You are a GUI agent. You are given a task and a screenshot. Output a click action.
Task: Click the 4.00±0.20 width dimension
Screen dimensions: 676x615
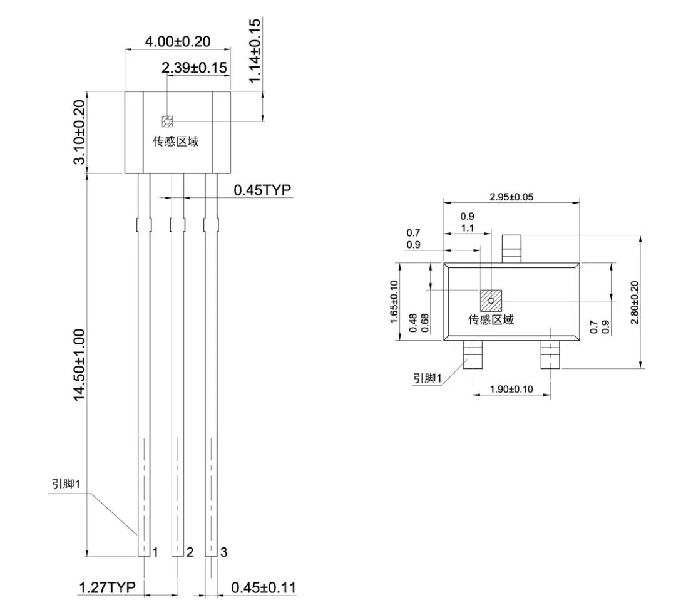[x=178, y=42]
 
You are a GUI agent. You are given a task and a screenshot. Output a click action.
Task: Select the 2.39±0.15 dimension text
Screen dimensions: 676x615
[x=194, y=68]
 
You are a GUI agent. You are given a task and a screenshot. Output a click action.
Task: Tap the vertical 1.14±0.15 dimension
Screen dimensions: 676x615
[x=255, y=50]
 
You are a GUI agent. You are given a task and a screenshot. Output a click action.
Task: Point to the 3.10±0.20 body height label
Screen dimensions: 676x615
[x=79, y=132]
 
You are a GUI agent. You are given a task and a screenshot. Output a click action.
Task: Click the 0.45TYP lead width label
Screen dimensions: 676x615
[x=262, y=190]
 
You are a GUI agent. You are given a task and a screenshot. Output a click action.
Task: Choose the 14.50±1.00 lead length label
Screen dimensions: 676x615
[x=79, y=365]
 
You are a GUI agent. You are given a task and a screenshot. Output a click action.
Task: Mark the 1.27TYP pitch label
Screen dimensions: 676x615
[x=108, y=587]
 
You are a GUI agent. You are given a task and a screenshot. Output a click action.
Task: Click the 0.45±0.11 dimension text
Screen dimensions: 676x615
[x=264, y=587]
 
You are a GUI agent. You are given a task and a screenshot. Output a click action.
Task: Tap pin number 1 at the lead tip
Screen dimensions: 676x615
[x=156, y=552]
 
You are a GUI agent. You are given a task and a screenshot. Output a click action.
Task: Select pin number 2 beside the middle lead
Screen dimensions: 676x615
[x=190, y=552]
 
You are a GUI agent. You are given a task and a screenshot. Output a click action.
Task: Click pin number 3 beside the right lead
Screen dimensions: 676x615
[x=223, y=552]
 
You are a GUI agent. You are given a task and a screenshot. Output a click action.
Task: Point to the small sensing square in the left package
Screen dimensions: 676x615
[x=167, y=121]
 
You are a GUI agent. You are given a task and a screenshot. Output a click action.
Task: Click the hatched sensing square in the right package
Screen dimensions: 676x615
[x=491, y=300]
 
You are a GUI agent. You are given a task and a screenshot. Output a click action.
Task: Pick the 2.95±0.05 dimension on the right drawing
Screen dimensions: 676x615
[x=511, y=197]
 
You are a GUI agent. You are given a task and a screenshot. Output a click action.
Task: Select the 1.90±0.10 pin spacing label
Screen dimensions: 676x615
[x=511, y=389]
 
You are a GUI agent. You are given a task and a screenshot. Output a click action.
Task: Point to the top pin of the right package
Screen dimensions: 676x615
[x=512, y=249]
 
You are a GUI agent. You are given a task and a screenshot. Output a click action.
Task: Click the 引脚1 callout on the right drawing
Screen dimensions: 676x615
[x=428, y=378]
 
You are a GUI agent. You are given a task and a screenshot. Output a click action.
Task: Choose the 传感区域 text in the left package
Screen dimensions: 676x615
[x=176, y=142]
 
